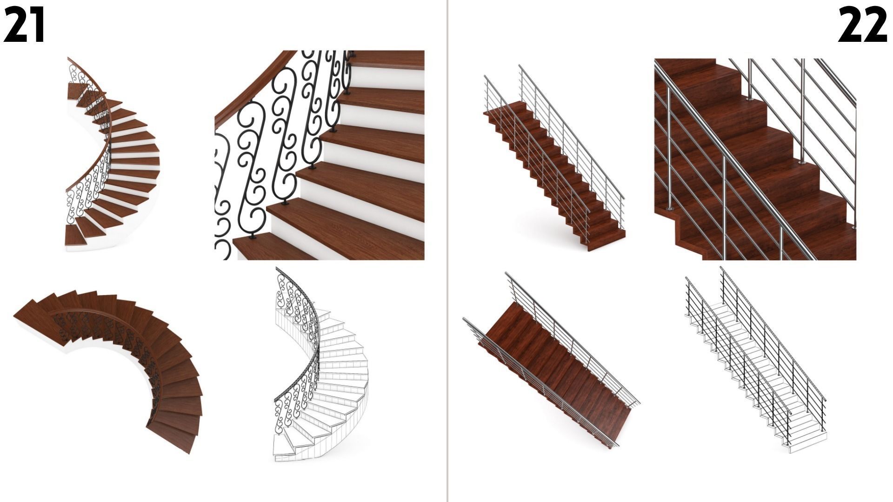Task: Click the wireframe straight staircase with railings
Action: pos(756,363)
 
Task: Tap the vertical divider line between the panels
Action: pos(447,251)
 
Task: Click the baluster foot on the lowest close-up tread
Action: pos(253,237)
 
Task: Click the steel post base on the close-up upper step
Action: pos(749,99)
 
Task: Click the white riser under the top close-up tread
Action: pos(391,79)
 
